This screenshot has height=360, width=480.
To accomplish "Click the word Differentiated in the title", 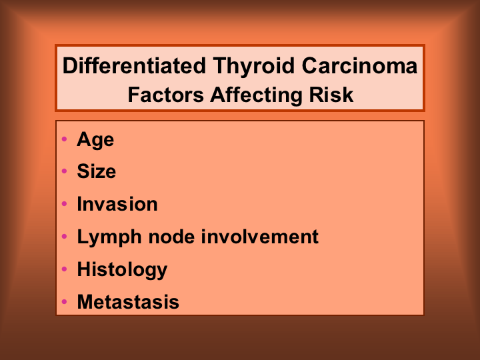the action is [x=134, y=65].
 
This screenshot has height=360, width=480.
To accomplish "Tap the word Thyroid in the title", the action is [x=254, y=67].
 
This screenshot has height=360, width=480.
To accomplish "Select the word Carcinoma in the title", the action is [x=360, y=65].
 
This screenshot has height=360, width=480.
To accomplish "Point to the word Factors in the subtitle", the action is [x=165, y=95].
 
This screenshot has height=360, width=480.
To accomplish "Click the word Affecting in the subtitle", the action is [x=257, y=95].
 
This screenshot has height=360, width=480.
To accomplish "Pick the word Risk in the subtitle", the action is [x=331, y=95].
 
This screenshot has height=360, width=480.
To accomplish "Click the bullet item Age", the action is [x=95, y=140].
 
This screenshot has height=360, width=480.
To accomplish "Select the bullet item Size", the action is [x=97, y=171].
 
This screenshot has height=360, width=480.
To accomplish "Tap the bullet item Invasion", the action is [x=117, y=203].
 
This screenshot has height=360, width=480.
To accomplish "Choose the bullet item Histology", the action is [x=122, y=270].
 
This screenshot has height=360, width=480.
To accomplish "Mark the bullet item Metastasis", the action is [x=128, y=302].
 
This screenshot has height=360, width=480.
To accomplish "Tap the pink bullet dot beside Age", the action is [x=64, y=139].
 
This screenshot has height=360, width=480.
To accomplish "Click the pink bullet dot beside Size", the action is [x=64, y=171].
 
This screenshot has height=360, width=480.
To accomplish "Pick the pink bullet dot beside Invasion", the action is [x=64, y=203].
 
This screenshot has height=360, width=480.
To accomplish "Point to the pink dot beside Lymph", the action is [x=64, y=236].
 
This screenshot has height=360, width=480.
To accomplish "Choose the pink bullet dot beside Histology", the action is [x=64, y=269].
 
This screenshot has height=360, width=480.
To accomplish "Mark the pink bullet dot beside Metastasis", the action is [x=64, y=301].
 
